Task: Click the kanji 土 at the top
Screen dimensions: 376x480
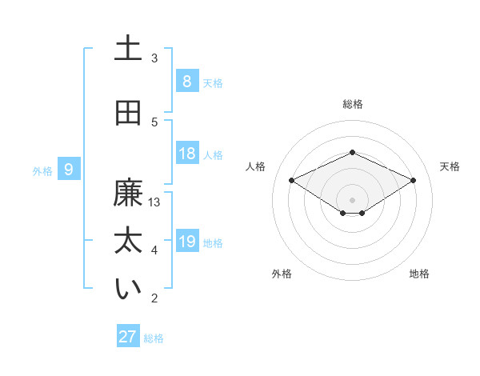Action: click(128, 49)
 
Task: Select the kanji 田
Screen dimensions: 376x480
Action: click(128, 113)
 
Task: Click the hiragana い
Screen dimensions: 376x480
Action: click(128, 289)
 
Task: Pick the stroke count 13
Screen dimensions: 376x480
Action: click(154, 202)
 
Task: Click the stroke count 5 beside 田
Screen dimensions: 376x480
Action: click(154, 122)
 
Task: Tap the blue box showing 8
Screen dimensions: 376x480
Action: click(186, 81)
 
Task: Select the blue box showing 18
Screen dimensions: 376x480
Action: click(187, 154)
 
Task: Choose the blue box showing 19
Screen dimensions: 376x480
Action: click(187, 241)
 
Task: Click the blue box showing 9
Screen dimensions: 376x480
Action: click(70, 169)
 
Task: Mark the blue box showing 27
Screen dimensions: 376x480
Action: click(128, 337)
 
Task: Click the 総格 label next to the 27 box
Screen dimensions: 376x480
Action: click(154, 338)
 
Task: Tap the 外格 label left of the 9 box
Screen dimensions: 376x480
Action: click(42, 170)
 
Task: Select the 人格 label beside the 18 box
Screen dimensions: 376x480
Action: click(213, 154)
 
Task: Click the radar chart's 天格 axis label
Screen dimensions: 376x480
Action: click(450, 166)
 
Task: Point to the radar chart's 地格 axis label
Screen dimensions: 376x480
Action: click(419, 274)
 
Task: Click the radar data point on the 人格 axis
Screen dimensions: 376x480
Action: click(292, 181)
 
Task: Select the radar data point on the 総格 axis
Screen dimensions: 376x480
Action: click(352, 152)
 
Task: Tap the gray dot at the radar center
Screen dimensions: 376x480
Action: click(352, 199)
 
